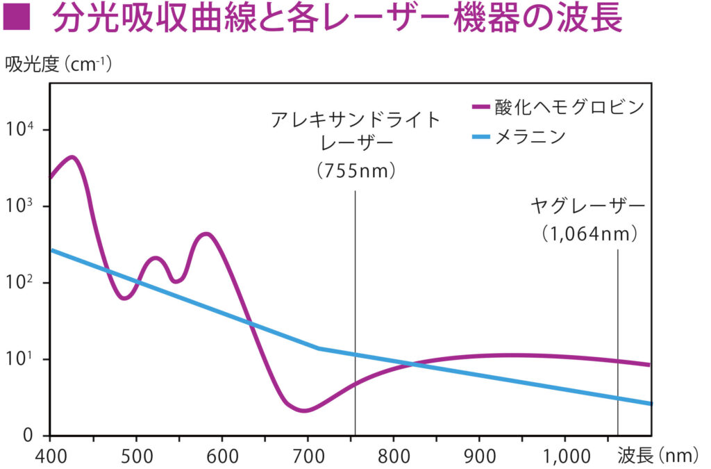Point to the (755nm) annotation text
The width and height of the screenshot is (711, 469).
coord(355,170)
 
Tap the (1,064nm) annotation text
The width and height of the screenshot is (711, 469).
coord(589,235)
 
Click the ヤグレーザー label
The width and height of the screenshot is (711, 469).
coord(588,206)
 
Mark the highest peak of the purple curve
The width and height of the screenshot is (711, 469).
coord(72,157)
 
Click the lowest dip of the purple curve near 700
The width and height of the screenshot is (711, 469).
coord(304,411)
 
